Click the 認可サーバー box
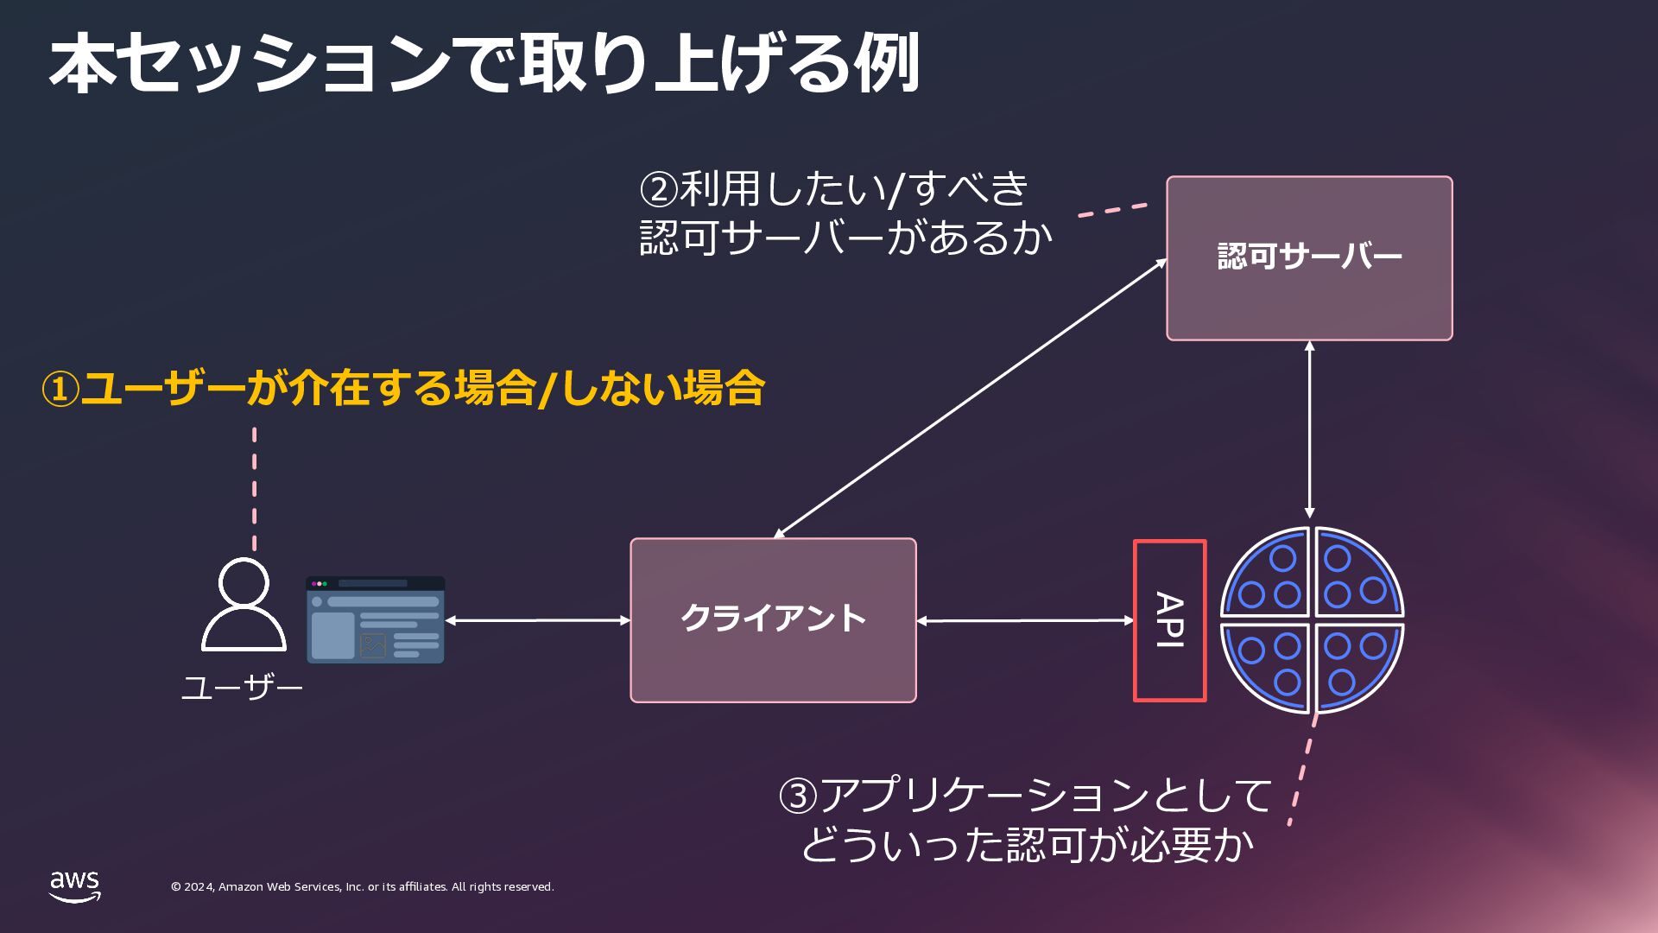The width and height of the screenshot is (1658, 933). [1309, 258]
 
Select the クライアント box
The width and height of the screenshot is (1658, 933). [773, 620]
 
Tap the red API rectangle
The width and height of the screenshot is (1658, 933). [1169, 620]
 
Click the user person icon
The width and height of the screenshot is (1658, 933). [244, 604]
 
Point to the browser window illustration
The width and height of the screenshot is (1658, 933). [375, 620]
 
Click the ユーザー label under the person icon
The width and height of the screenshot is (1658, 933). [242, 689]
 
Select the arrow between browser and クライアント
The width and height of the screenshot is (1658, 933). [537, 620]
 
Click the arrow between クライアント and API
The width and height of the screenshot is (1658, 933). [1024, 620]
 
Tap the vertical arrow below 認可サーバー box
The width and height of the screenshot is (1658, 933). [1309, 429]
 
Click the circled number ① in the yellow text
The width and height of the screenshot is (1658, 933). [60, 390]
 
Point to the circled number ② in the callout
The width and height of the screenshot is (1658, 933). [659, 188]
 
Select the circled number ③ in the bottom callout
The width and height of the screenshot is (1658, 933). [798, 796]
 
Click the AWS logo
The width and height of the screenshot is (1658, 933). [74, 886]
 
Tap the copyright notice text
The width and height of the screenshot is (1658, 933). [362, 887]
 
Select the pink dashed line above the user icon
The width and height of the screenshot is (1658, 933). [254, 488]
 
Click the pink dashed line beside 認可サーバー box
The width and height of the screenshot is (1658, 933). [1112, 210]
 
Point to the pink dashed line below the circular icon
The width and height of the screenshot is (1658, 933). [1302, 769]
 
